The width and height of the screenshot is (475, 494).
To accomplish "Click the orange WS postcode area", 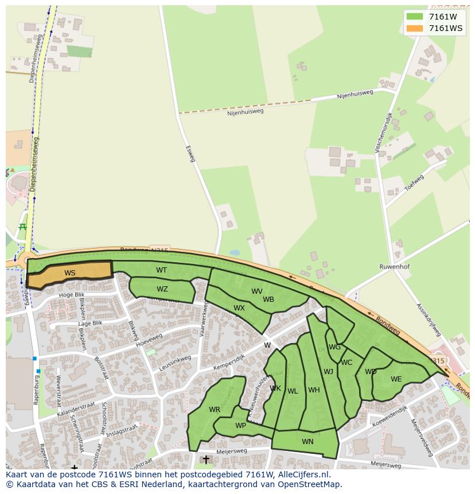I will (70, 274).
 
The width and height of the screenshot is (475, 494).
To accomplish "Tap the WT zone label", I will (162, 270).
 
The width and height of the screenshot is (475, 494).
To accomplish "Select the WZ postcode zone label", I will (162, 289).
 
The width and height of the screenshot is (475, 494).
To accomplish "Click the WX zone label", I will (239, 308).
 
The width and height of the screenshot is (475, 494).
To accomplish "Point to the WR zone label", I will (215, 410).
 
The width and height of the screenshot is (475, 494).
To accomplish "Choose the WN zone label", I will (307, 441).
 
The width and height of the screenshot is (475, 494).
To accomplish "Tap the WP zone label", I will (240, 426).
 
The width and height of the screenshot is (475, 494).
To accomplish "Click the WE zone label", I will (396, 379).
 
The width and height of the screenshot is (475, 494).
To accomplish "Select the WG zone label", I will (334, 347).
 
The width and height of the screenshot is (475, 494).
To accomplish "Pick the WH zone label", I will (314, 390).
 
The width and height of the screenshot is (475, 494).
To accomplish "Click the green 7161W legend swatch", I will (414, 17).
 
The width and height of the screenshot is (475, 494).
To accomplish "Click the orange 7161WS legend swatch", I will (414, 28).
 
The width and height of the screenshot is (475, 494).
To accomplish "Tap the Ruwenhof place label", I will (394, 267).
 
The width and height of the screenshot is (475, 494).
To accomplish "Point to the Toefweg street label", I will (414, 182).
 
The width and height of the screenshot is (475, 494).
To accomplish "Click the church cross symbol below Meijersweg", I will (206, 460).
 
